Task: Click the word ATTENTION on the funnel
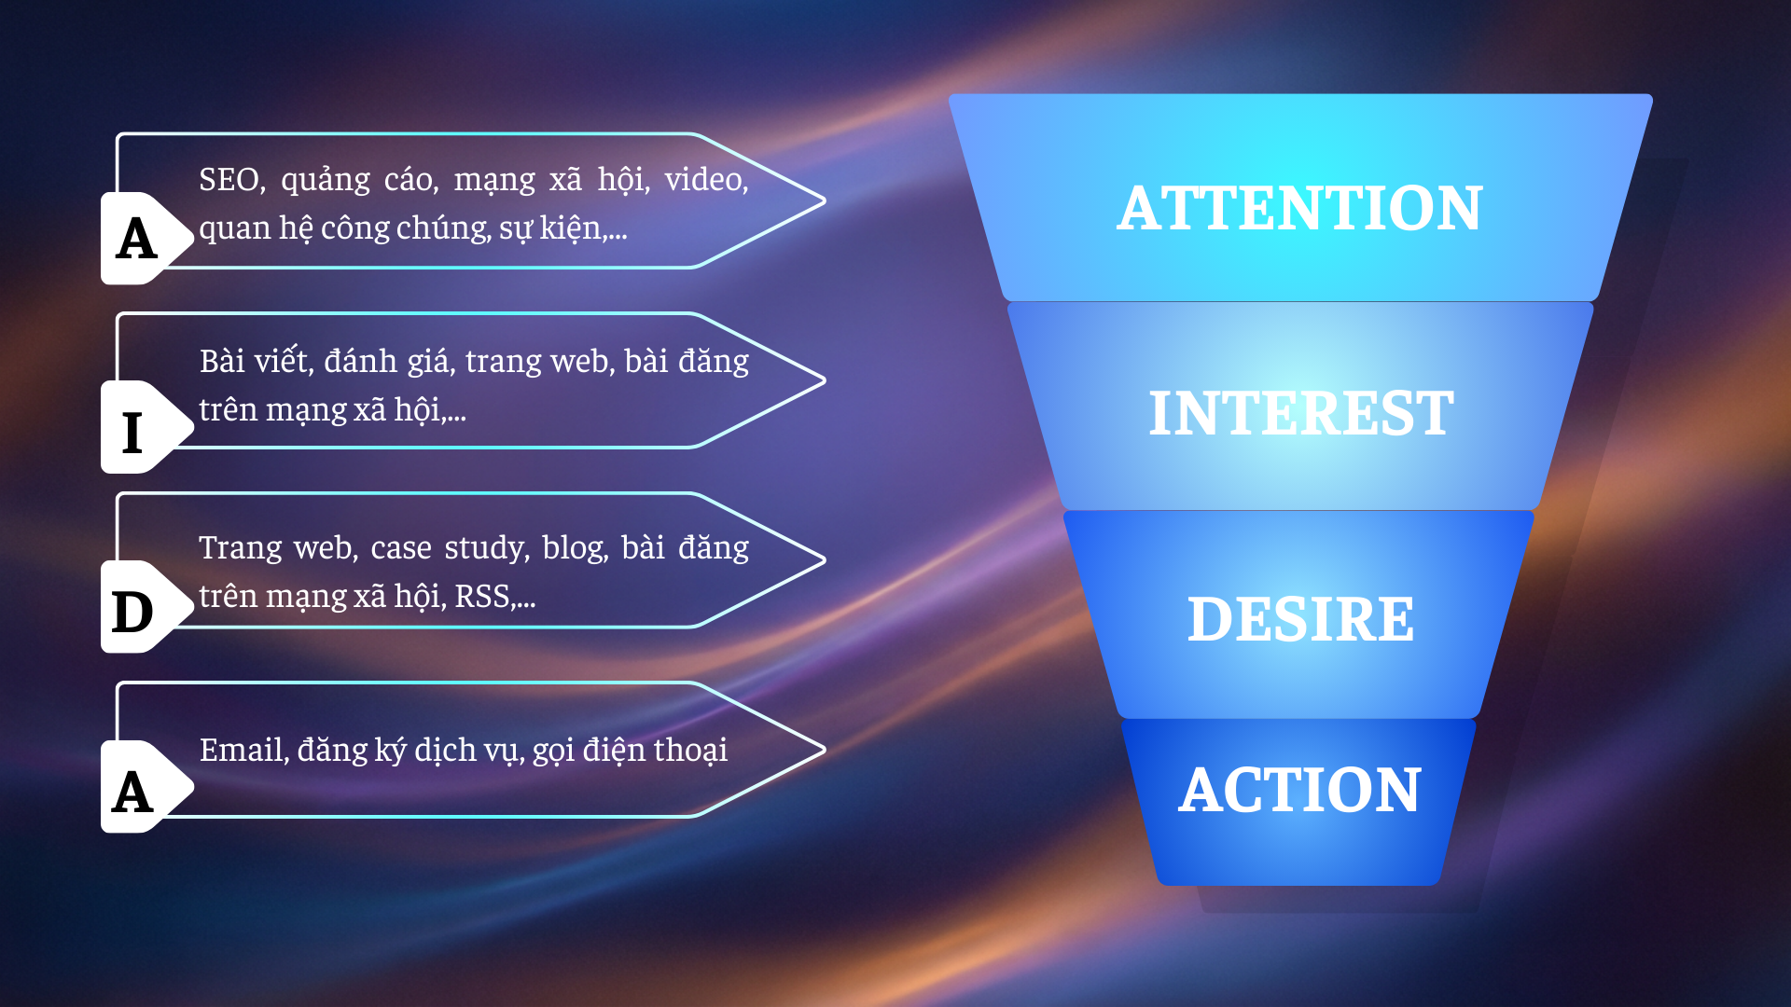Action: point(1299,207)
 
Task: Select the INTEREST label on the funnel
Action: point(1300,413)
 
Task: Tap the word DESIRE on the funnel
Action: point(1300,619)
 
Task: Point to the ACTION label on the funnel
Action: point(1299,790)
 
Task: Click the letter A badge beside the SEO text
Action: point(137,238)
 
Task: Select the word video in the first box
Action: point(706,179)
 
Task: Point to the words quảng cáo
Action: point(359,180)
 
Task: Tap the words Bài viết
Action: point(254,360)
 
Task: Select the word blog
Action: point(575,548)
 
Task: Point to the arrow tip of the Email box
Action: point(825,749)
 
